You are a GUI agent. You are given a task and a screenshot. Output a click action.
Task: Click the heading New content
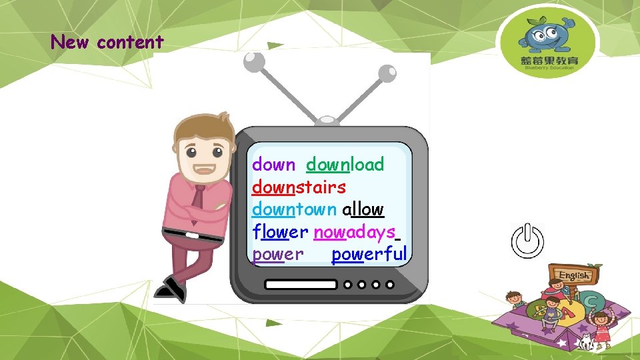coord(107,43)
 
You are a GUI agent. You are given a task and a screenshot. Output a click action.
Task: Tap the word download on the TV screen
coord(345,165)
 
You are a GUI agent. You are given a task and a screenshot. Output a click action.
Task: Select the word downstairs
coord(299,187)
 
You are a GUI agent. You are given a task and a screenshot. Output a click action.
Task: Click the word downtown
coord(294,209)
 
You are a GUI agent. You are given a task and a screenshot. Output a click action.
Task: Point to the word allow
coord(363,209)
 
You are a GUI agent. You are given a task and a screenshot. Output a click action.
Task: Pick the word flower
coord(280,232)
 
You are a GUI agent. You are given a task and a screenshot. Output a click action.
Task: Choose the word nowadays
coord(355,232)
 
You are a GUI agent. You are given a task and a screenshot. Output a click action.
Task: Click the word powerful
coord(369,254)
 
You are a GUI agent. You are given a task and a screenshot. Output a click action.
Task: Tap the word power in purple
coord(278,254)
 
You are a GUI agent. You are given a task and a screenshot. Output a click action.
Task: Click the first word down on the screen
coord(273,165)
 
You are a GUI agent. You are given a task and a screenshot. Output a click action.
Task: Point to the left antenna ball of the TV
coord(254,62)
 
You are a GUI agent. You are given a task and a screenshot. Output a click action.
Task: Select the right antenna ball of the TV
coord(386,73)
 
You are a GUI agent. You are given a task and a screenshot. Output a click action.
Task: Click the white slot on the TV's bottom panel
coord(301,284)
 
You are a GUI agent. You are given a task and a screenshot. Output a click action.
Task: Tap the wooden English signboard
coord(573,275)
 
